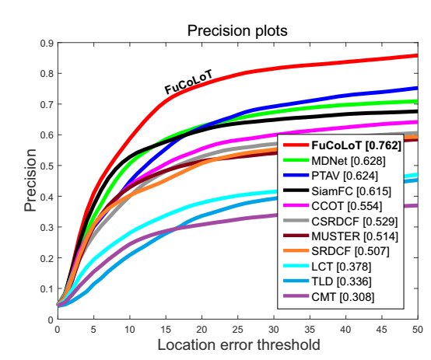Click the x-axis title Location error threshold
pos(238,343)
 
